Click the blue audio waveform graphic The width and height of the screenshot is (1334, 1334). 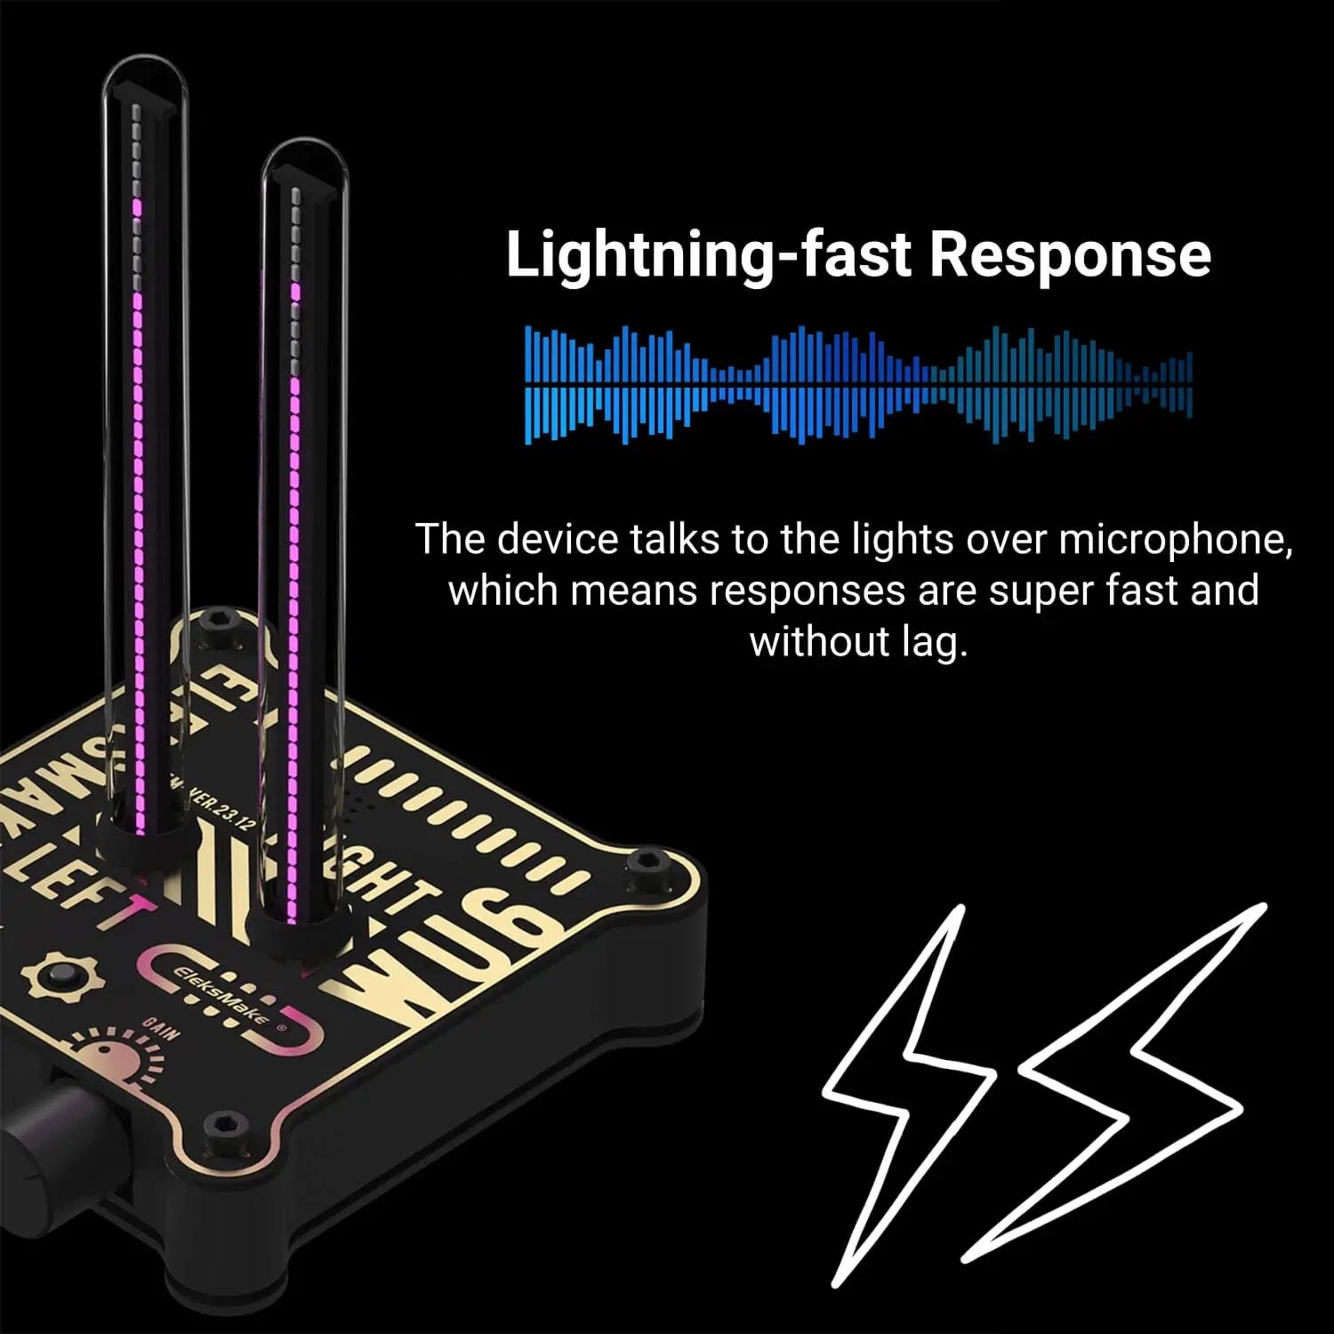coord(858,384)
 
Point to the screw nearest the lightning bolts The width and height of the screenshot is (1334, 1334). coord(642,865)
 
